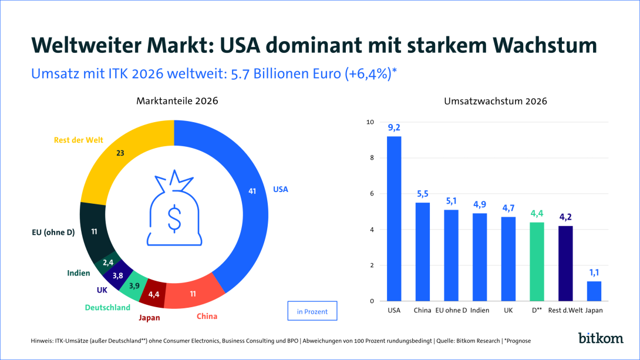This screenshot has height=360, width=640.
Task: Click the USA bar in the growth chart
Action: point(394,218)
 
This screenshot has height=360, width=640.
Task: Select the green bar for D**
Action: point(537,261)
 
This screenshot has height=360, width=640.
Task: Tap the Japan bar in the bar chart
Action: point(594,291)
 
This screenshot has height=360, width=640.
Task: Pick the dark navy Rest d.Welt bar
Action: point(565,263)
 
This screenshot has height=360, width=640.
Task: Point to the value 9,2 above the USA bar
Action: point(394,127)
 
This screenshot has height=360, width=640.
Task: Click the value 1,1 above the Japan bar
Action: point(594,272)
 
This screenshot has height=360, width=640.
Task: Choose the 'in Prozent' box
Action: point(312,311)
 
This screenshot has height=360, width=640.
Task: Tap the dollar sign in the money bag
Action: point(174,218)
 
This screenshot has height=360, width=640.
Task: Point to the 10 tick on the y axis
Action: point(369,122)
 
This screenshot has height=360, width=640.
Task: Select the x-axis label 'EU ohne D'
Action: point(452,310)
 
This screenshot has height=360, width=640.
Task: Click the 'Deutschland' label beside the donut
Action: point(107,307)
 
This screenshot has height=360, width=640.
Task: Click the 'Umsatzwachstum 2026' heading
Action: point(496,101)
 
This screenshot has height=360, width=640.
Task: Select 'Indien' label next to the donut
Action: point(78,273)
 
